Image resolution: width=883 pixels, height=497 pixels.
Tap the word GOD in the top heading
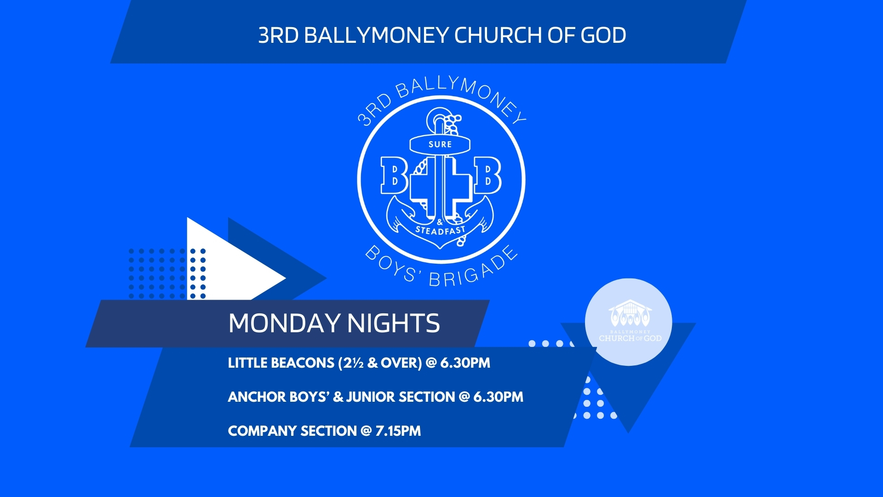pyautogui.click(x=603, y=35)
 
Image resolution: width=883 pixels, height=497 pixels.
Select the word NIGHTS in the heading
pyautogui.click(x=394, y=323)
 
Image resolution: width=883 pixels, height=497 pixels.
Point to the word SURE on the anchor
pyautogui.click(x=440, y=144)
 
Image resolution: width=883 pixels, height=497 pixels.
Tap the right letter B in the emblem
pyautogui.click(x=487, y=175)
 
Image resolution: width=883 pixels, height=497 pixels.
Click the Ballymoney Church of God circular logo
pyautogui.click(x=629, y=322)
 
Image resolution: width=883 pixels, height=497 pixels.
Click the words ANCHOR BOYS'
pyautogui.click(x=279, y=397)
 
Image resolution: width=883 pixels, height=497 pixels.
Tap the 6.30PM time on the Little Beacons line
pyautogui.click(x=465, y=363)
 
